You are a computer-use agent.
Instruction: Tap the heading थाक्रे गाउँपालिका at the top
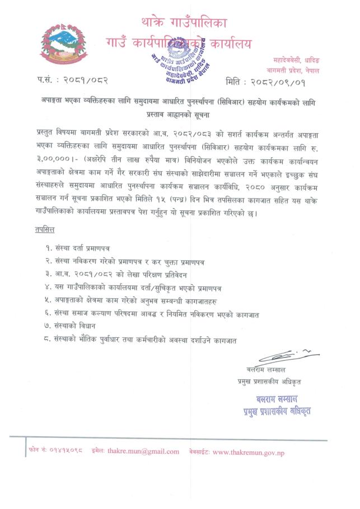tap(186, 23)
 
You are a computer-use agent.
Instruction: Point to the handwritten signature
tap(288, 356)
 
